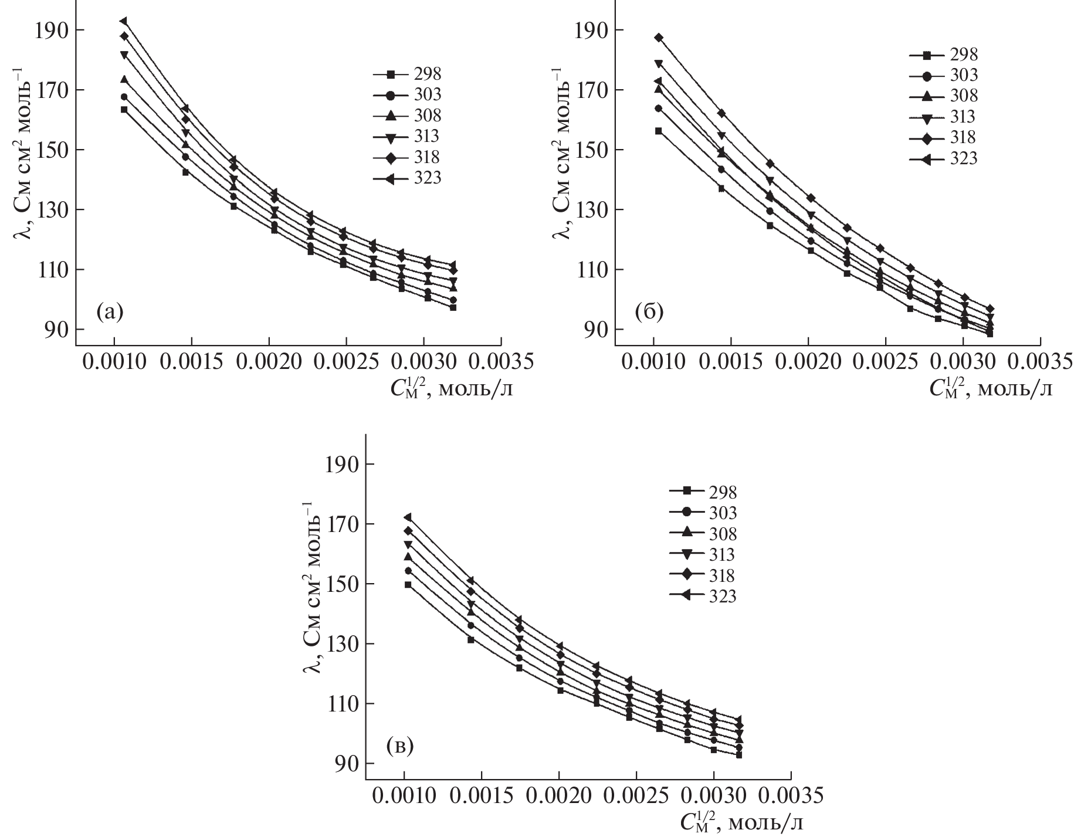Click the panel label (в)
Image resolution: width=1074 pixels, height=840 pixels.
[x=401, y=746]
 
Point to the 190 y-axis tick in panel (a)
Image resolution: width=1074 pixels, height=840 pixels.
[x=51, y=30]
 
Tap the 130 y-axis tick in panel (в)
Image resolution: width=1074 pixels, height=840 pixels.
[x=341, y=644]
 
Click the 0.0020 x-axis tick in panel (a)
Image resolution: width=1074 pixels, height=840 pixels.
[x=269, y=362]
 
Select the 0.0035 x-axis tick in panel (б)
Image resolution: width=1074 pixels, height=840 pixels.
[x=1041, y=362]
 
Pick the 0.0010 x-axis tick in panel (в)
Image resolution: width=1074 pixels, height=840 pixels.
[x=404, y=796]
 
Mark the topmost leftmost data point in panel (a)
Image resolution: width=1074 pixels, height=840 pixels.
[x=124, y=21]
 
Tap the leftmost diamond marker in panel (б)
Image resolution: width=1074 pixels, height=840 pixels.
[x=659, y=38]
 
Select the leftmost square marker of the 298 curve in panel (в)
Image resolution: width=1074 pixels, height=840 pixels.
[x=408, y=584]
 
